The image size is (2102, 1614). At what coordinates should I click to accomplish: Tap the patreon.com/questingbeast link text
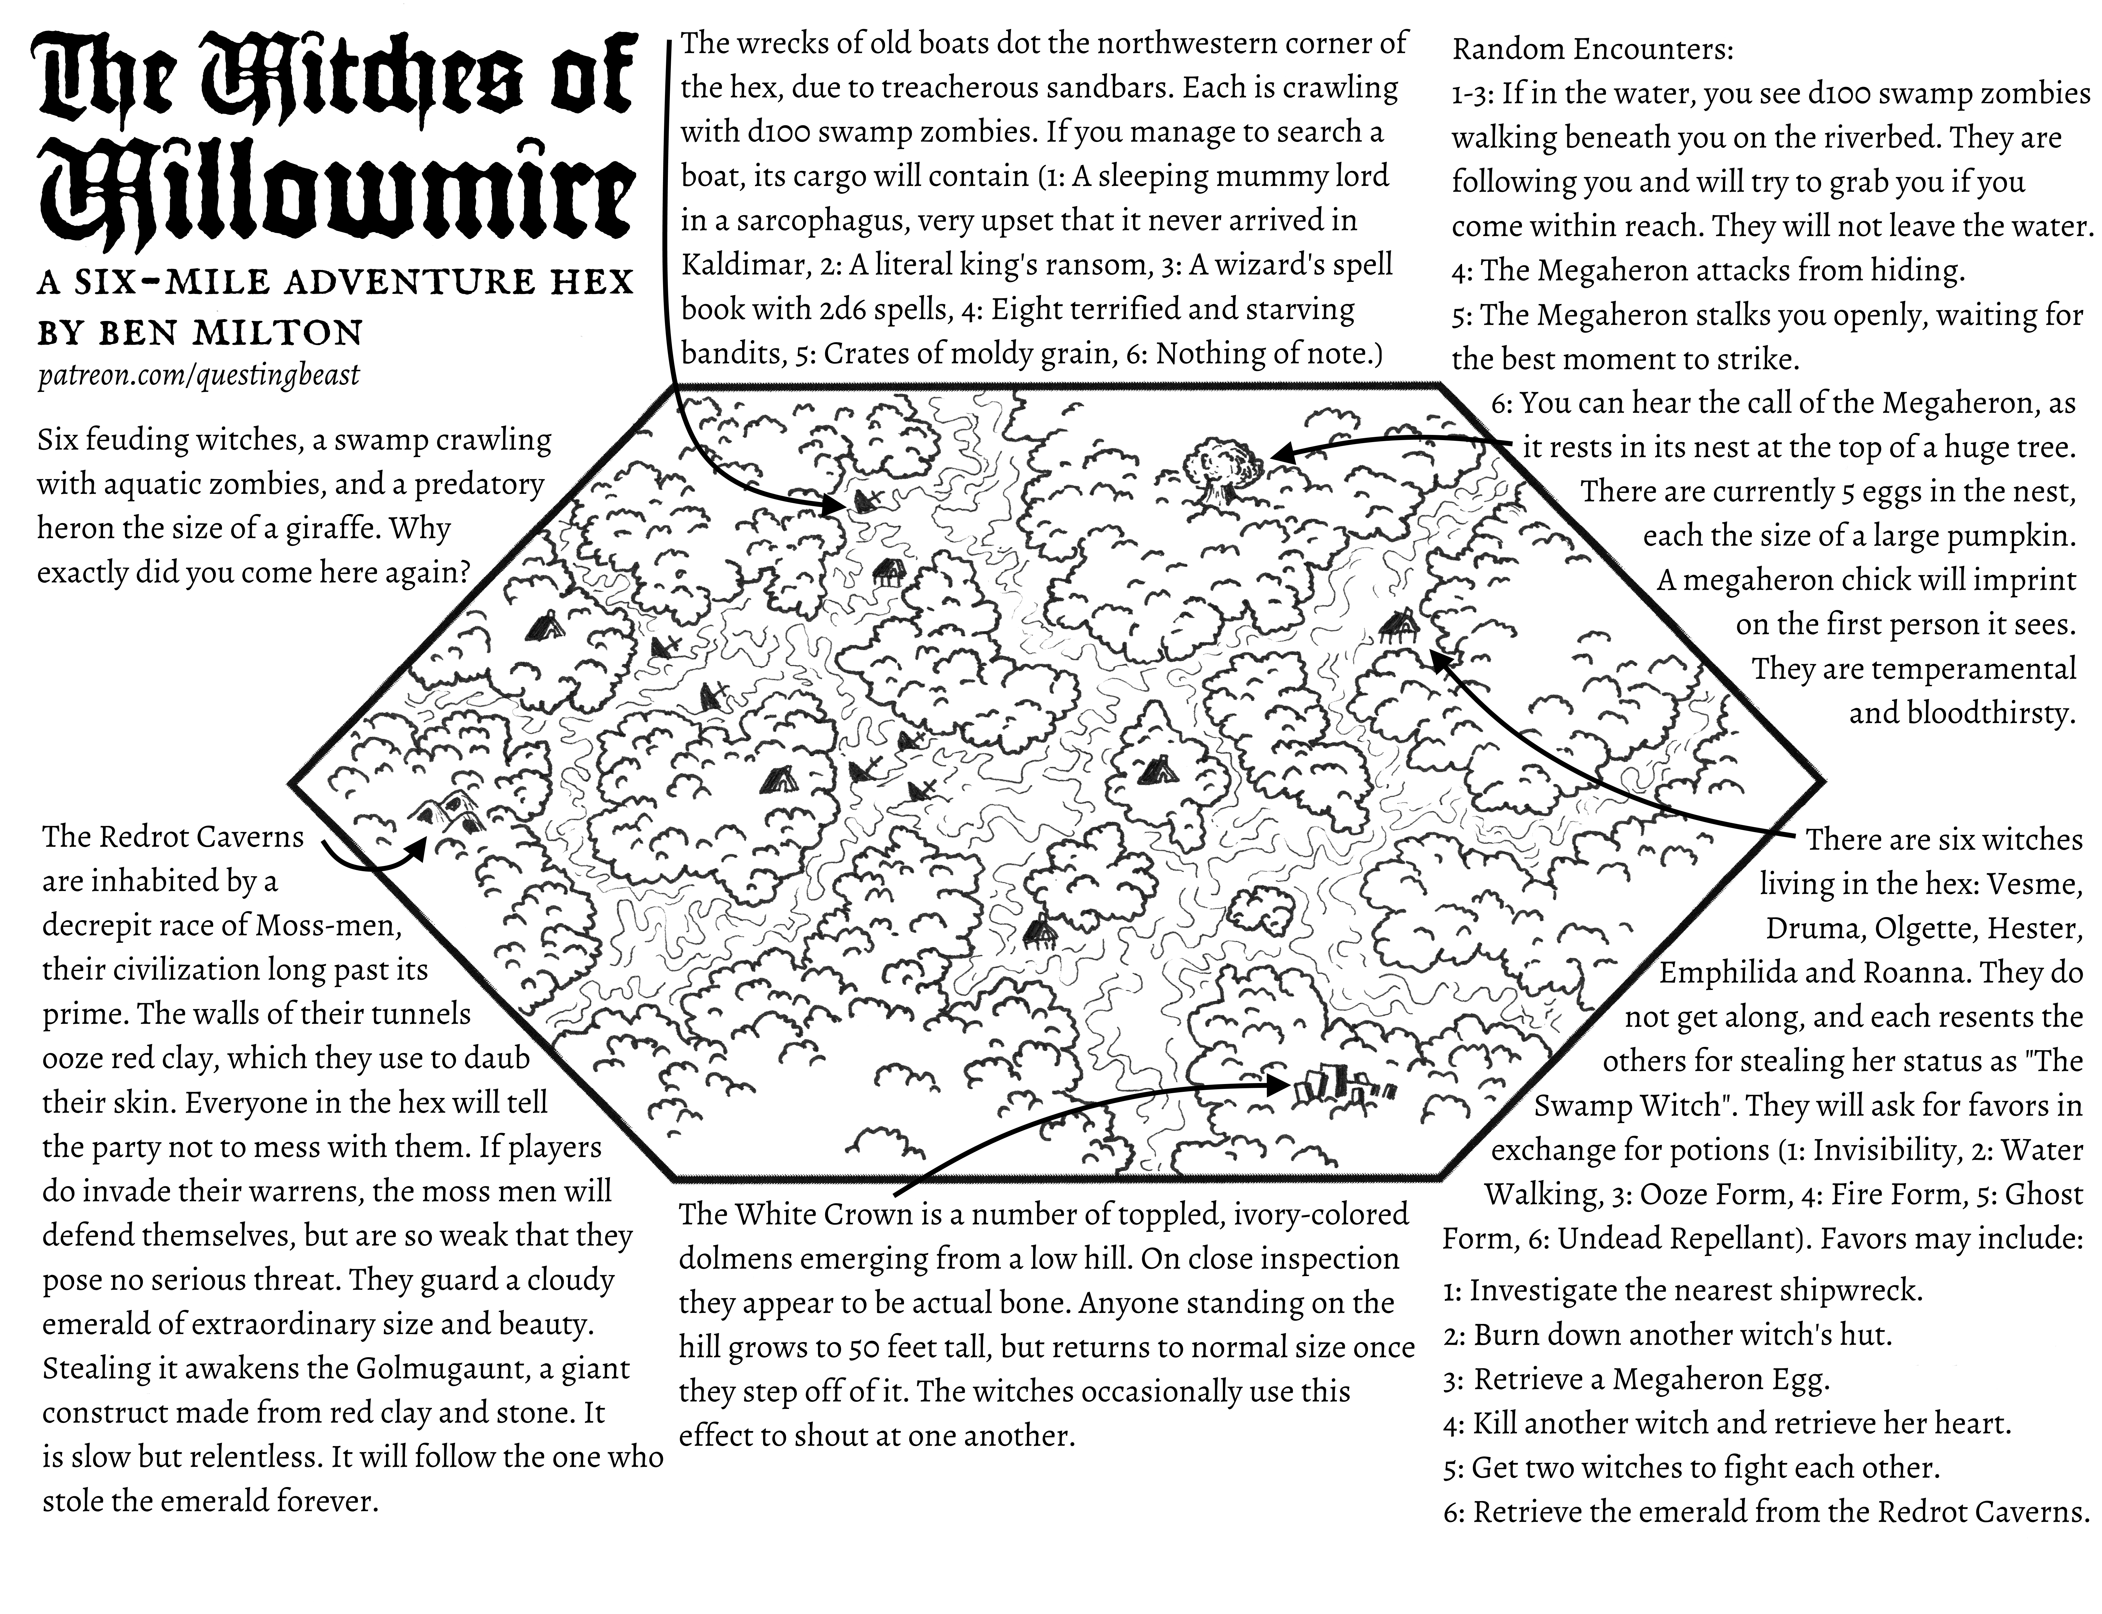198,375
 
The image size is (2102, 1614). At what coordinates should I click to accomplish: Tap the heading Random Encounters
1592,49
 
